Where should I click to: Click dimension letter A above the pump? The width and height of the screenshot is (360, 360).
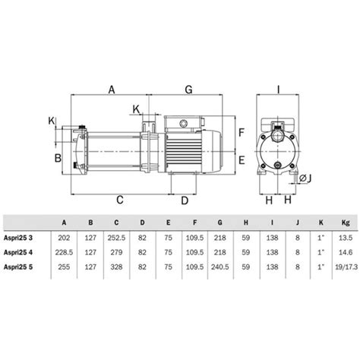(x=112, y=90)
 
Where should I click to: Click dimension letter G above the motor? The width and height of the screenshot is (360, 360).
(x=189, y=90)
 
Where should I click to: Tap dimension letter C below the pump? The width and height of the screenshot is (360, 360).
(x=120, y=200)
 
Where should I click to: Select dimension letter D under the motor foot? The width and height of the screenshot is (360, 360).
(x=185, y=201)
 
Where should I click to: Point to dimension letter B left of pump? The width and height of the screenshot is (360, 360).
(x=58, y=158)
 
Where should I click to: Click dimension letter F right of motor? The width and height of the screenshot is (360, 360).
(x=242, y=132)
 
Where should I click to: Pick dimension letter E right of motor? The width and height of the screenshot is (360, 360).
(x=242, y=160)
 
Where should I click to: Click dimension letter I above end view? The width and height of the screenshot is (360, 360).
(x=279, y=90)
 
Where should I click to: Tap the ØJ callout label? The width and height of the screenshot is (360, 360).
(x=305, y=178)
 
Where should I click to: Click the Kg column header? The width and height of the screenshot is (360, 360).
(x=346, y=223)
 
